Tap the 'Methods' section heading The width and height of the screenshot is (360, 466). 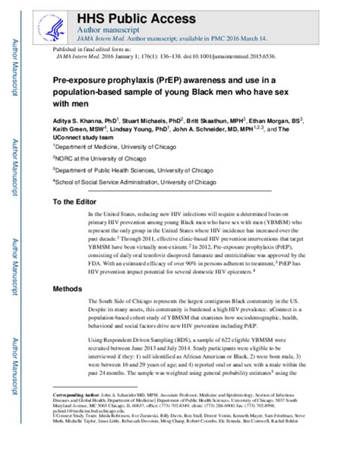coord(69,290)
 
